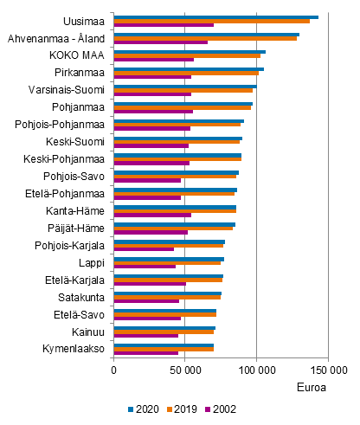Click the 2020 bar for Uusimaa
point(216,16)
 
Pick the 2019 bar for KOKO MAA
point(187,55)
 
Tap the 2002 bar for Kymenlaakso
point(146,352)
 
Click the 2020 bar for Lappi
point(169,258)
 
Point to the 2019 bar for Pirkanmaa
point(186,72)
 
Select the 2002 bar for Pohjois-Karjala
point(144,249)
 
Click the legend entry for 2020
point(141,409)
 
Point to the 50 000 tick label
point(184,369)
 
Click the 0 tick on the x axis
point(113,369)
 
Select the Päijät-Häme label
point(77,228)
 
